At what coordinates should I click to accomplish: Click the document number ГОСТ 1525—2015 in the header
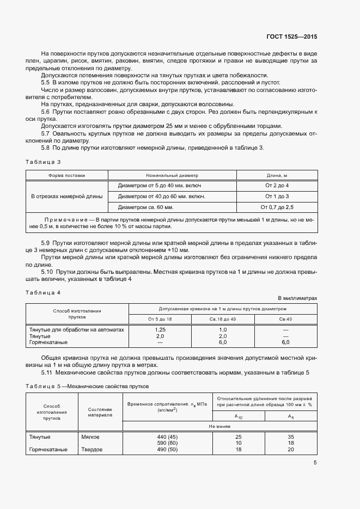click(291, 37)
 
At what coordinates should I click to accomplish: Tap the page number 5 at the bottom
click(315, 463)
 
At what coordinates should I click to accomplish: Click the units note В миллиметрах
click(297, 298)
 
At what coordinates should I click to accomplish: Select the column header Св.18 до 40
click(223, 318)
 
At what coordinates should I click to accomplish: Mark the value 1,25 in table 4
click(160, 330)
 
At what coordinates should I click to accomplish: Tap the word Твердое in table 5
click(91, 450)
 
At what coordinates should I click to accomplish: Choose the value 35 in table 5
click(290, 437)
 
